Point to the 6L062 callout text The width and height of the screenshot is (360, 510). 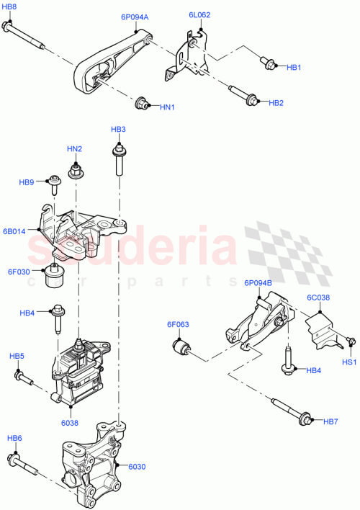pyautogui.click(x=199, y=14)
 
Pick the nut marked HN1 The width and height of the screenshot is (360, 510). pyautogui.click(x=143, y=103)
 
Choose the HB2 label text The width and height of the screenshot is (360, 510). pyautogui.click(x=276, y=103)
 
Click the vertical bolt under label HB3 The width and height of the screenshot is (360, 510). pyautogui.click(x=116, y=160)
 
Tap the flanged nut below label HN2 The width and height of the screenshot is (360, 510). pyautogui.click(x=73, y=172)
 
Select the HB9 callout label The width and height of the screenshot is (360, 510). pyautogui.click(x=26, y=183)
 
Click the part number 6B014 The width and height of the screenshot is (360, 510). pyautogui.click(x=14, y=231)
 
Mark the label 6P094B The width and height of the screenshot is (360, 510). pyautogui.click(x=257, y=283)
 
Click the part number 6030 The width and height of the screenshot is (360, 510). pyautogui.click(x=137, y=467)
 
